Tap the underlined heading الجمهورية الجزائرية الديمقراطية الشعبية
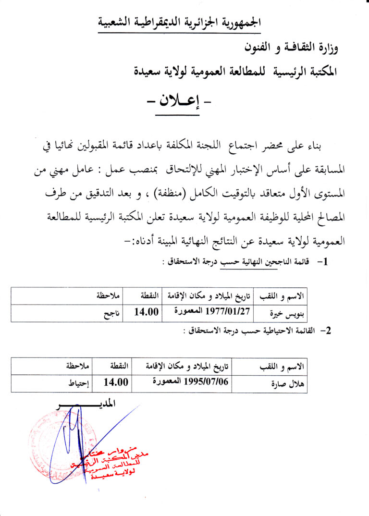pos(180,23)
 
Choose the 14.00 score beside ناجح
pos(146,312)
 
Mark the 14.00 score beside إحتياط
pos(116,382)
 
